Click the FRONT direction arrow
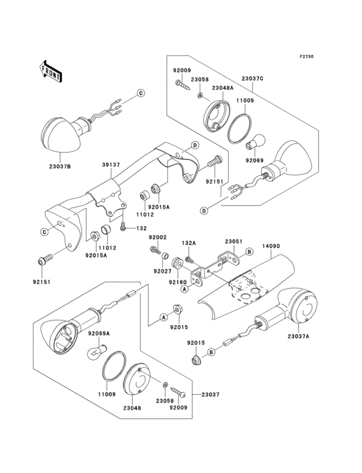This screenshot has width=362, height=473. [x=50, y=72]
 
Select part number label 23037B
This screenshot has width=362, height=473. [x=60, y=166]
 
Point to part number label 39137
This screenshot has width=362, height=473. [x=111, y=165]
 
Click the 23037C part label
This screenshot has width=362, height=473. [x=253, y=78]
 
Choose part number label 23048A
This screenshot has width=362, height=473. [x=222, y=88]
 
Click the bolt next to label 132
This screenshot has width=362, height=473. [x=122, y=227]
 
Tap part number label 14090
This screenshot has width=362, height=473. [x=271, y=246]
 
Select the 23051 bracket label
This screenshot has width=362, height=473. [x=233, y=242]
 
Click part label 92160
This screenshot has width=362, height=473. [x=178, y=282]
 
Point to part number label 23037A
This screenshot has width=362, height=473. [x=299, y=337]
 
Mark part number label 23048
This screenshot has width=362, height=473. [x=132, y=408]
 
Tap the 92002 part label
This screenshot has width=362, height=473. [x=158, y=238]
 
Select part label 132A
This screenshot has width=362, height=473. [x=189, y=243]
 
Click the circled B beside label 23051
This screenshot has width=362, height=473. [x=249, y=251]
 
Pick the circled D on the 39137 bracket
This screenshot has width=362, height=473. [x=195, y=145]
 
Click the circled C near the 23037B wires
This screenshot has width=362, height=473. [x=141, y=93]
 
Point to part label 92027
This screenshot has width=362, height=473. [x=162, y=271]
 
